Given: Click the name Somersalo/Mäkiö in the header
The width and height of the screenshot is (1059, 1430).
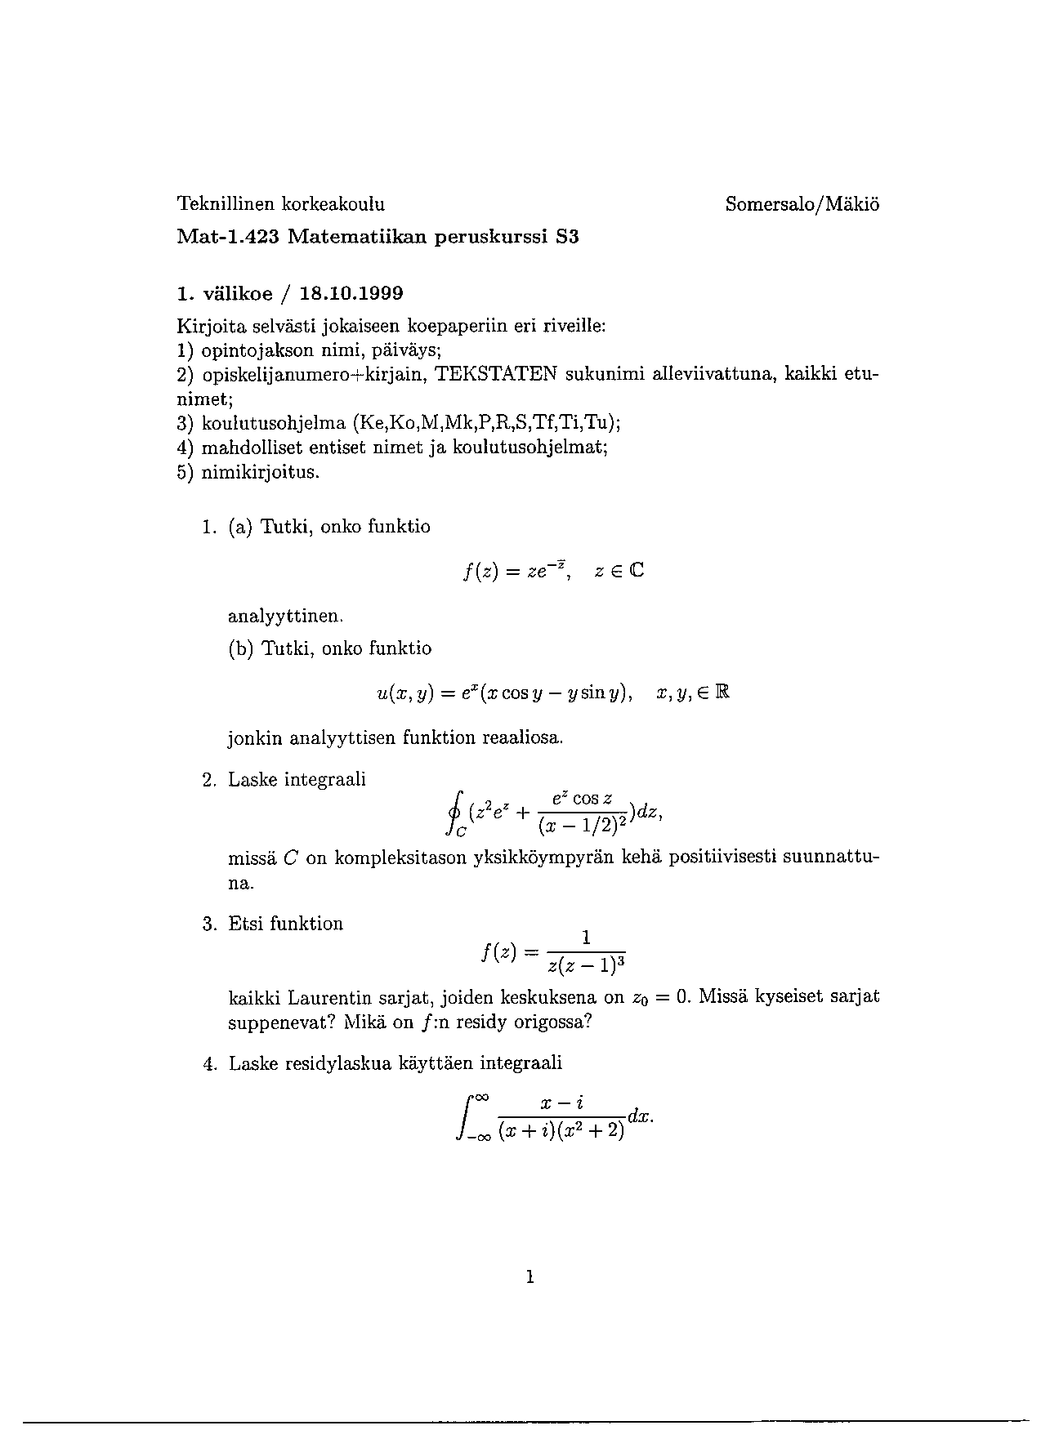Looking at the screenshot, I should coord(802,204).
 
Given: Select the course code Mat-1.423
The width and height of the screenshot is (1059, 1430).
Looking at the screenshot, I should coord(228,238).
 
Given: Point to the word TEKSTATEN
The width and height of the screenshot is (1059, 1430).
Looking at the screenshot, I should coord(496,375).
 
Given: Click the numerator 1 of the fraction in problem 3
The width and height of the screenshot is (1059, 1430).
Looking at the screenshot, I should coord(586,937).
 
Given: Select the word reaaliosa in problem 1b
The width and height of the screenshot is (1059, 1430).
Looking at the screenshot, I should coord(522,738).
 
